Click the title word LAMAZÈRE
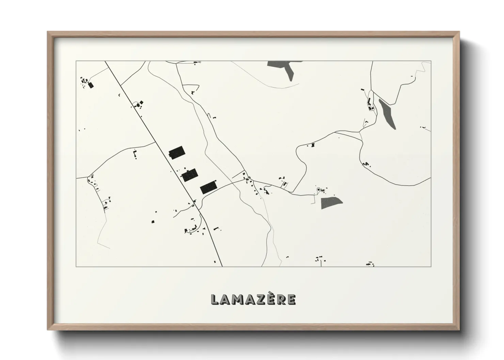[x=253, y=299]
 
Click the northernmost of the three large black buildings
[x=176, y=152]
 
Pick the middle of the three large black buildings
[x=190, y=175]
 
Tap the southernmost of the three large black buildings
[x=208, y=187]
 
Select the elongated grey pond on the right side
[x=388, y=114]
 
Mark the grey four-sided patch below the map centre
[x=331, y=202]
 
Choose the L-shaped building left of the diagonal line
[x=135, y=155]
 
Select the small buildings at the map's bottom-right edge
[x=370, y=264]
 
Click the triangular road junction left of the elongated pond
[x=360, y=135]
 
